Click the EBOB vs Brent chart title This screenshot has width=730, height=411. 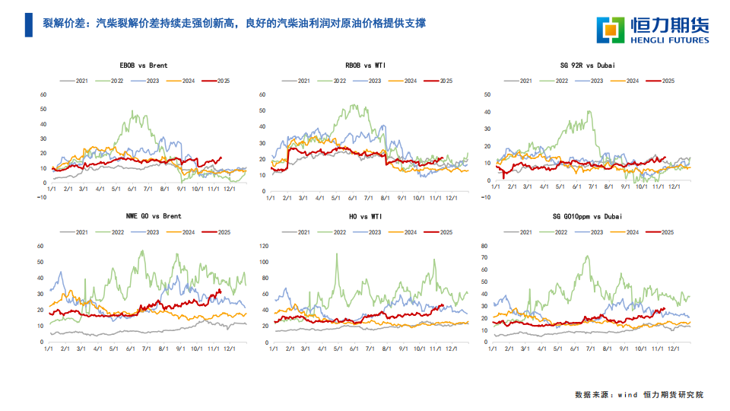144,65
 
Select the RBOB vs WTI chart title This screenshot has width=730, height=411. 365,65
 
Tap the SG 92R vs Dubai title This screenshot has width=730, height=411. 586,65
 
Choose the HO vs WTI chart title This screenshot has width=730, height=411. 365,216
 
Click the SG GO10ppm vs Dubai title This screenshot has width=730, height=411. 586,216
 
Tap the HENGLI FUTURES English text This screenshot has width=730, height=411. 668,40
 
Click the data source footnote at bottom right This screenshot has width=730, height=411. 639,395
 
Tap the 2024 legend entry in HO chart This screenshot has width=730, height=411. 403,231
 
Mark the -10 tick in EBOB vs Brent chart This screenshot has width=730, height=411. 42,196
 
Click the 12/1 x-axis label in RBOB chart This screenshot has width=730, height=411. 450,198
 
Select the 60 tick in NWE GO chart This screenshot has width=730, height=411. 40,246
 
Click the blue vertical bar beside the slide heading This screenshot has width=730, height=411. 28,25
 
